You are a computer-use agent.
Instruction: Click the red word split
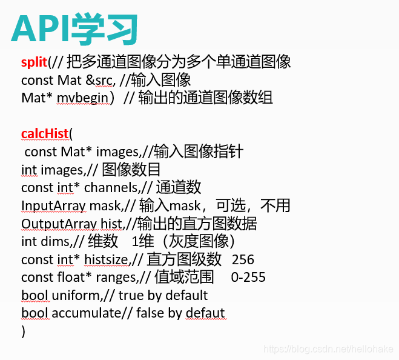[x=34, y=62]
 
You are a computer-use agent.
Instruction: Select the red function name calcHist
[x=45, y=134]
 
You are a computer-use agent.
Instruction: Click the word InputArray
[x=53, y=206]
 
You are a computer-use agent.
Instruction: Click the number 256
[x=243, y=260]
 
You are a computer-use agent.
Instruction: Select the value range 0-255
[x=248, y=278]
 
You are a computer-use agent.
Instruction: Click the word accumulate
[x=84, y=313]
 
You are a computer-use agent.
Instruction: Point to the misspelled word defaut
[x=205, y=313]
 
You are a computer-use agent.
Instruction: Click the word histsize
[x=106, y=260]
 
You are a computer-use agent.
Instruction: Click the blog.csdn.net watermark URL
[x=329, y=349]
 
